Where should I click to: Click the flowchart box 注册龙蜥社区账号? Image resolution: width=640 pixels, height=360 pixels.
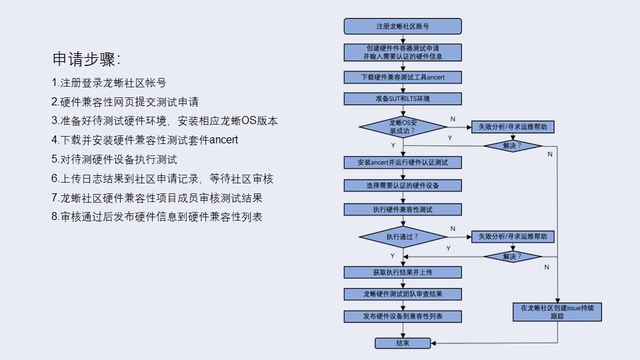(403, 27)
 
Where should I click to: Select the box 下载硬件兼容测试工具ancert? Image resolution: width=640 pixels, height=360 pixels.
(403, 77)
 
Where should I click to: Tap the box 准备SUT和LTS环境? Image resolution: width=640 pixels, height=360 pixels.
(403, 99)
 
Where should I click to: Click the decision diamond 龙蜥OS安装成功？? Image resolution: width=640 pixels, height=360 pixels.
(403, 127)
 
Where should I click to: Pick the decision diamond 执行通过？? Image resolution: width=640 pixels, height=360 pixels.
(403, 237)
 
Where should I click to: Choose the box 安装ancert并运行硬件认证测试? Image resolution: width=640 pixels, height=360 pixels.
(403, 163)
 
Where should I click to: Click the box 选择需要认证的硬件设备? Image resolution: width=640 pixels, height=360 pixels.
(403, 185)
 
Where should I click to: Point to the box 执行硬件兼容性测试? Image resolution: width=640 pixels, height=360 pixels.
(403, 209)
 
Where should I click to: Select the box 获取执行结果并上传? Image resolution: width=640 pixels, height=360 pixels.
(403, 272)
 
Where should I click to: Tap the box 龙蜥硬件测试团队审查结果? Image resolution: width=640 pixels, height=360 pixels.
(403, 294)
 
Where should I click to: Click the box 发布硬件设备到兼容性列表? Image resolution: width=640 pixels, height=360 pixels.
(403, 316)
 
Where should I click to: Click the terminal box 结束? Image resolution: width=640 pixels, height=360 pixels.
(403, 343)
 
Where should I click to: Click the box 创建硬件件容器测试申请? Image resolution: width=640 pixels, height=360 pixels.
(403, 52)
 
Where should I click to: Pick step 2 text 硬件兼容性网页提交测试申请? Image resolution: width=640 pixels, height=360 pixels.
(125, 103)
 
